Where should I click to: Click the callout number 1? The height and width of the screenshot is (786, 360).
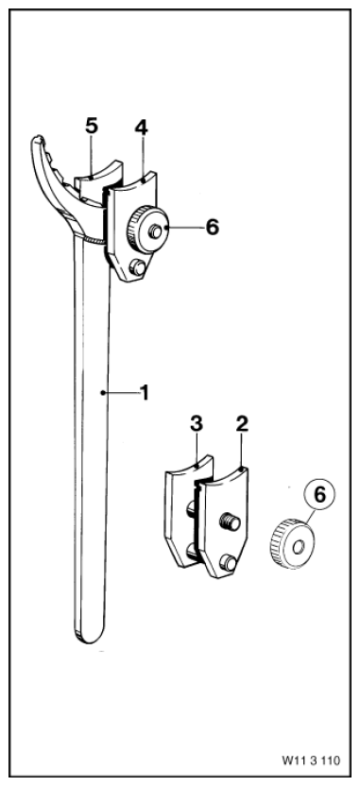145,393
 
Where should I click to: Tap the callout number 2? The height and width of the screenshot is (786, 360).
242,424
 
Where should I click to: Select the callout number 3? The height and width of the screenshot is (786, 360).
196,424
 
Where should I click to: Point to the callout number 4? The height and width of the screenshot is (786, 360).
141,128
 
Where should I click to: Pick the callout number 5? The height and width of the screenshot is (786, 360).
92,127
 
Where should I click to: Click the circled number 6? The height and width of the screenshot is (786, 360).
319,494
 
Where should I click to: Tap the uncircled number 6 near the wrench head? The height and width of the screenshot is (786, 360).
213,228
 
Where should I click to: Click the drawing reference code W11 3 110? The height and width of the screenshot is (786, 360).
311,760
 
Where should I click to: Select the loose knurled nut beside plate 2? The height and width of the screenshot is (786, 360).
291,544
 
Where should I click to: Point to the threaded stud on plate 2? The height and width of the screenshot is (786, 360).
230,521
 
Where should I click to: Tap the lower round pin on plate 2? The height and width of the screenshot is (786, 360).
228,562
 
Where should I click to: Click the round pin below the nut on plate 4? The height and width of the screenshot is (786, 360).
137,267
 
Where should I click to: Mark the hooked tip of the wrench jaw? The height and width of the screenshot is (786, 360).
36,139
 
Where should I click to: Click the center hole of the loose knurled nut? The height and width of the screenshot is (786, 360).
299,547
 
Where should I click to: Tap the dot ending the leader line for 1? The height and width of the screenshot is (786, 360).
102,393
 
